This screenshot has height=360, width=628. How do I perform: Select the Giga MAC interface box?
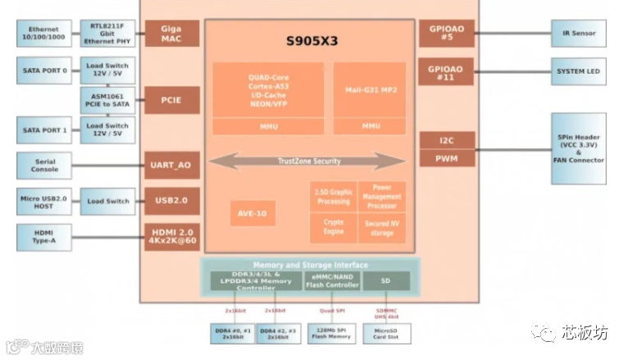pyautogui.click(x=172, y=34)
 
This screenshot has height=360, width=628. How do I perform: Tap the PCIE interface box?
pyautogui.click(x=172, y=99)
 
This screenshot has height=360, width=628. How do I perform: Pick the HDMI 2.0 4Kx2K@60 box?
pyautogui.click(x=172, y=236)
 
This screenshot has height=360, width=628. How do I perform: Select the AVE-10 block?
pyautogui.click(x=252, y=213)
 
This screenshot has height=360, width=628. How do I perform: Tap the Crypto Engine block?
pyautogui.click(x=333, y=227)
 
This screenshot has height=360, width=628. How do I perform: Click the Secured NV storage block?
pyautogui.click(x=381, y=227)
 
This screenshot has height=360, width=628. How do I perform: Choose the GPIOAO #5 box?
pyautogui.click(x=446, y=34)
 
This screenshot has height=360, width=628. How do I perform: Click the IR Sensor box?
pyautogui.click(x=579, y=34)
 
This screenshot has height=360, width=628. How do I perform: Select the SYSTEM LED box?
pyautogui.click(x=579, y=71)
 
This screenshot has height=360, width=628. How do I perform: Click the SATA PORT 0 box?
pyautogui.click(x=44, y=71)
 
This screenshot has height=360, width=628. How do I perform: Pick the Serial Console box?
pyautogui.click(x=44, y=166)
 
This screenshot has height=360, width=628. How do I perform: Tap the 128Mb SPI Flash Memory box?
pyautogui.click(x=330, y=333)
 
